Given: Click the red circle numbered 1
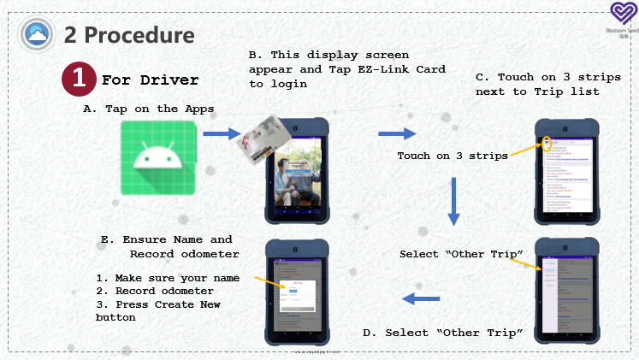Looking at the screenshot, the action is [x=79, y=79].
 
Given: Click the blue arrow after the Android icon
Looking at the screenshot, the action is [x=222, y=133].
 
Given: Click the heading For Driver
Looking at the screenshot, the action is [x=150, y=80].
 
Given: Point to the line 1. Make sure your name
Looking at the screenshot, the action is [x=167, y=278].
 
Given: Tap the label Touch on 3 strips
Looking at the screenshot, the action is [x=453, y=156].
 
